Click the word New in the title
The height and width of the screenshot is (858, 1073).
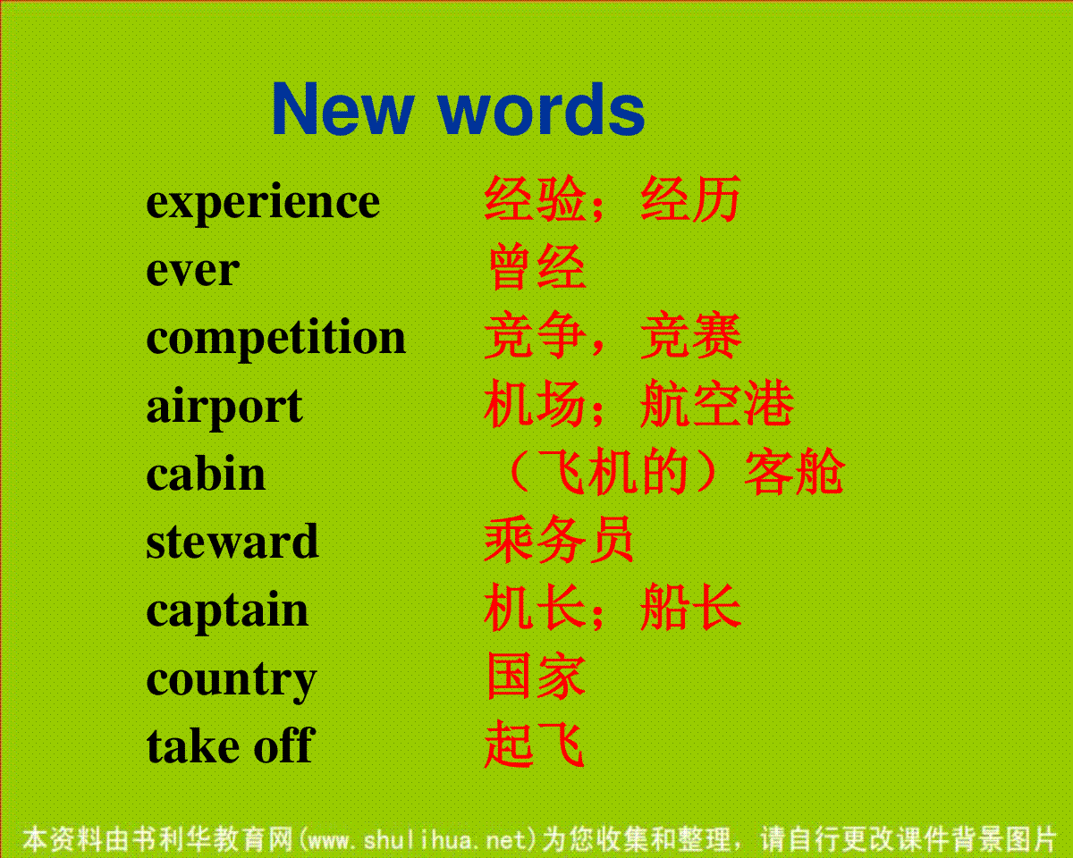tap(343, 109)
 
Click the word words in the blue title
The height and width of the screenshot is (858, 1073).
tap(542, 109)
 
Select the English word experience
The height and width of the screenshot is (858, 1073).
tap(263, 205)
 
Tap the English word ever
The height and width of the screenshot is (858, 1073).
tap(192, 271)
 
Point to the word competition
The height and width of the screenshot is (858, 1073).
tap(275, 339)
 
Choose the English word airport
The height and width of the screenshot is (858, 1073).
tap(224, 408)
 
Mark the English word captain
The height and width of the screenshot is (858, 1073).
tap(227, 612)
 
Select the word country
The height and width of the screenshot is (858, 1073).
tap(232, 681)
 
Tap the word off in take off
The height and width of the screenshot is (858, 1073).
tap(284, 745)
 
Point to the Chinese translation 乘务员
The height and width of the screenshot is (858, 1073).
tap(560, 540)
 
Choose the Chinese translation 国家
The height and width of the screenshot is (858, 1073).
tap(536, 677)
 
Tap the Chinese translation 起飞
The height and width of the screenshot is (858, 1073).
tap(535, 744)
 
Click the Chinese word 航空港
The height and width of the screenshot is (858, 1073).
tap(717, 403)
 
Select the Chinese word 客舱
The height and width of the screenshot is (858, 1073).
tap(794, 472)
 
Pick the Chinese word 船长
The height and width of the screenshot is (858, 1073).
tap(691, 607)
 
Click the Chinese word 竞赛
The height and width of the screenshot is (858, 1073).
tap(691, 336)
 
